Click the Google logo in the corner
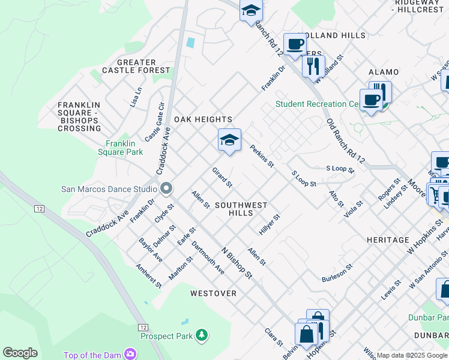click(20, 352)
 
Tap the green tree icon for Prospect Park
click(203, 334)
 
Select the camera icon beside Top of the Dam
click(130, 355)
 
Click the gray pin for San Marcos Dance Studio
click(167, 188)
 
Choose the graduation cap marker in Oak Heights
click(229, 140)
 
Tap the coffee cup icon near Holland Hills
click(295, 44)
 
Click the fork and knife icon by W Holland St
click(313, 66)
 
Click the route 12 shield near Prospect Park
click(143, 327)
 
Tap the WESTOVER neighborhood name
click(213, 293)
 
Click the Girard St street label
click(222, 177)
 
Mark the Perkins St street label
click(262, 156)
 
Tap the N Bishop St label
click(237, 263)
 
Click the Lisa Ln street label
click(136, 97)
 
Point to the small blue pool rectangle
click(190, 43)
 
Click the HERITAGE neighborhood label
click(388, 240)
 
